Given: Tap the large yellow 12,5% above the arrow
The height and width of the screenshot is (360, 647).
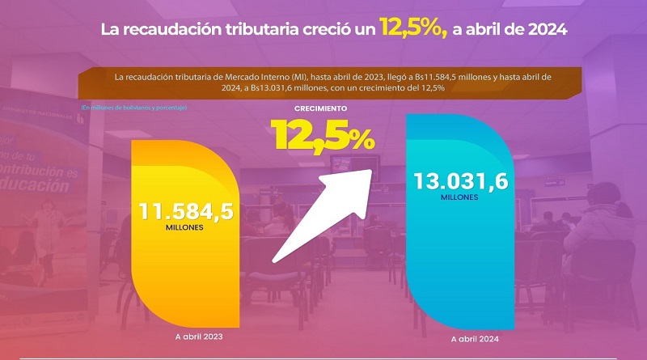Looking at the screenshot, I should (323, 134).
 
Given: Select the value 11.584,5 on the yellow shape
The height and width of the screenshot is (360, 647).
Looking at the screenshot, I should (186, 212).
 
